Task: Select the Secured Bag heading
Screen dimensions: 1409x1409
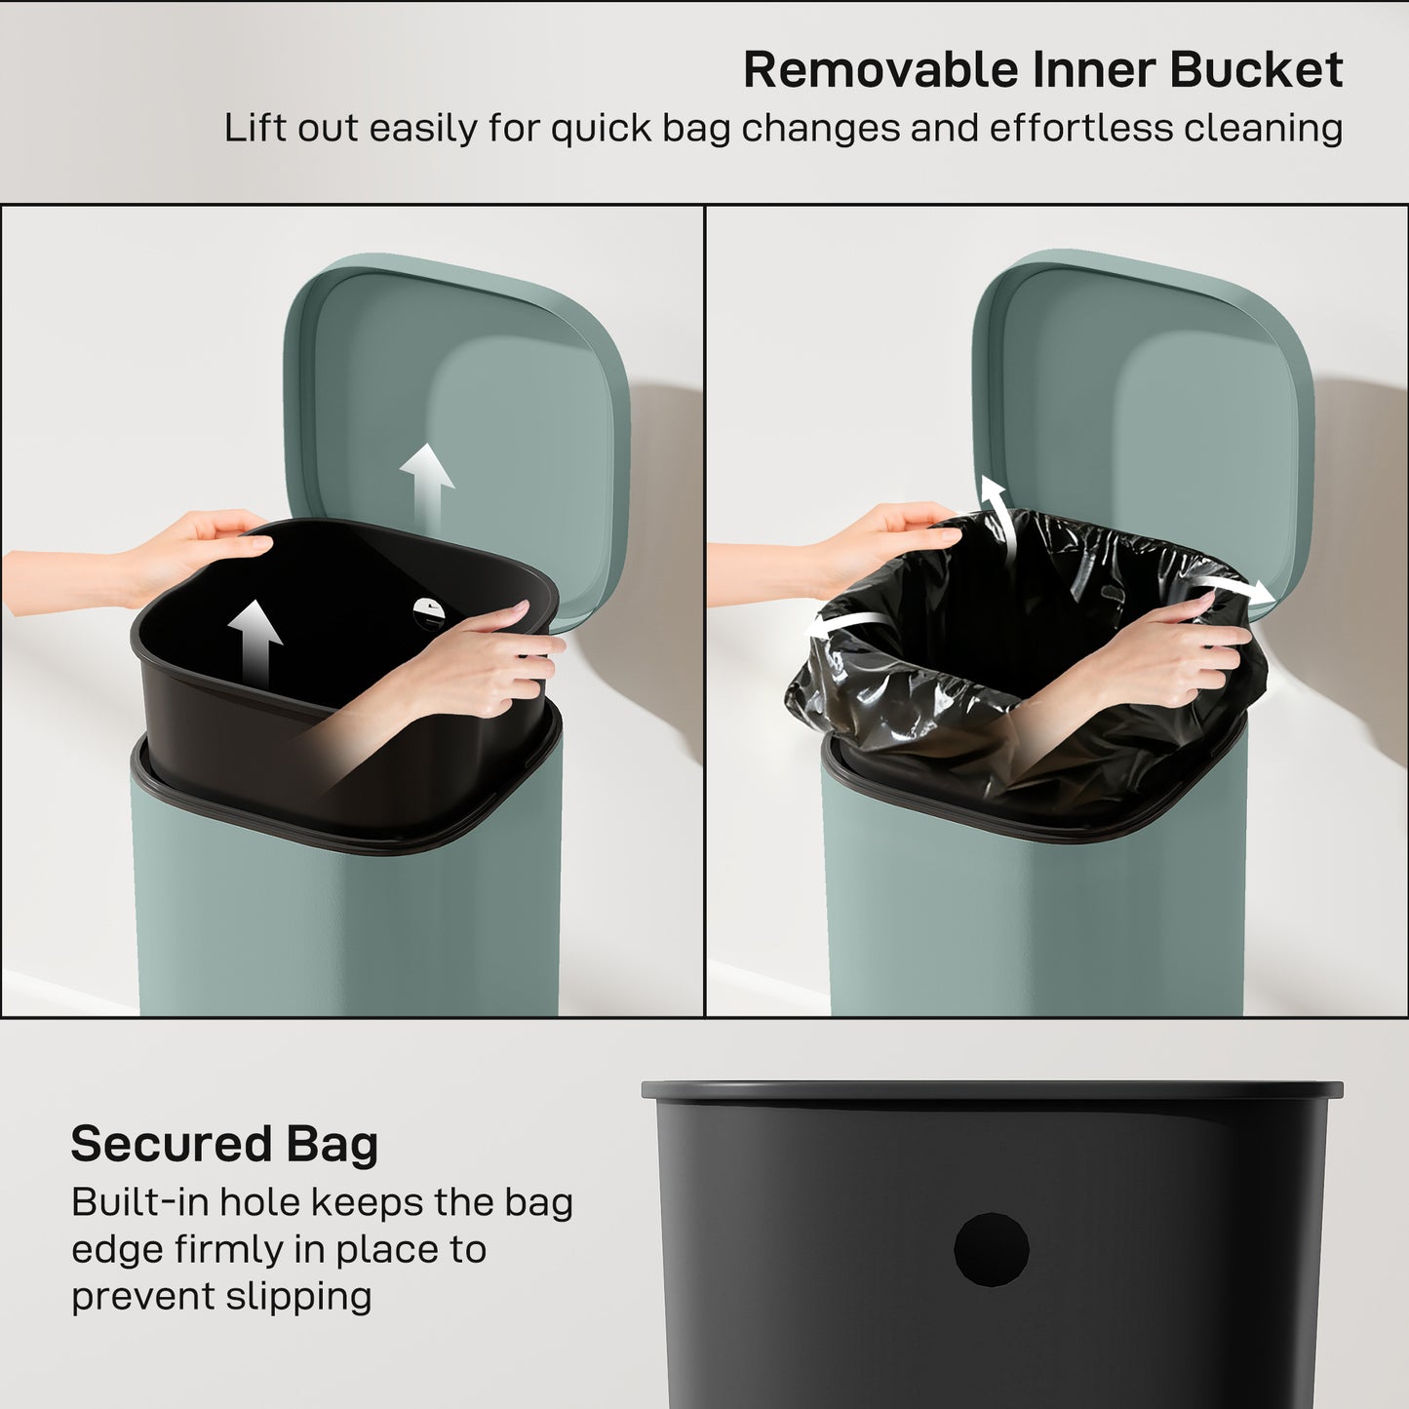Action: (224, 1144)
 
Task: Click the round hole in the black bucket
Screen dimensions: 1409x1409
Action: (992, 1249)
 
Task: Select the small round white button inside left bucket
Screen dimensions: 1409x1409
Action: (428, 611)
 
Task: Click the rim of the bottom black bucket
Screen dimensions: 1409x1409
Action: (992, 1090)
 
